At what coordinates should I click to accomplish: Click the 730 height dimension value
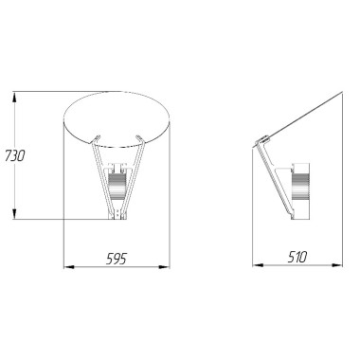14,155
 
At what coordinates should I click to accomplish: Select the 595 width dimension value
116,259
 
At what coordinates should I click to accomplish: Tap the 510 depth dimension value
297,257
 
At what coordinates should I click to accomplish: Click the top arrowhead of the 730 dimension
14,97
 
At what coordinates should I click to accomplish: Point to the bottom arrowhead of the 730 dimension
14,214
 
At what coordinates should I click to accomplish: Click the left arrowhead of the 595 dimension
69,267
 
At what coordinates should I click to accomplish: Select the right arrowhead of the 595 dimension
165,267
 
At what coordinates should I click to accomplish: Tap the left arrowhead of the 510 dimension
258,265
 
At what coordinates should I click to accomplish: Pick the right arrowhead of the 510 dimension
337,265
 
